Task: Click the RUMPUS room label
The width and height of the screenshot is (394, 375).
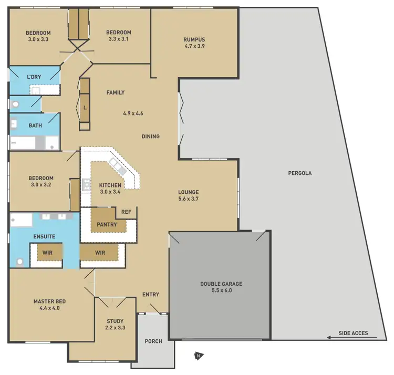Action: (x=194, y=39)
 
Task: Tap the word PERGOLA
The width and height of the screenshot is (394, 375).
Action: (x=300, y=173)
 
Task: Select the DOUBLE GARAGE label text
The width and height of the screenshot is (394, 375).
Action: (x=221, y=284)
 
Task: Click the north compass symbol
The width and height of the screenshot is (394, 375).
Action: (x=198, y=357)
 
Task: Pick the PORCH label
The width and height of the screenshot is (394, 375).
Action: (x=153, y=341)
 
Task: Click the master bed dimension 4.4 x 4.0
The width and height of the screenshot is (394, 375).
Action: (x=49, y=308)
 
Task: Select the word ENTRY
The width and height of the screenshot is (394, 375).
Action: (x=151, y=295)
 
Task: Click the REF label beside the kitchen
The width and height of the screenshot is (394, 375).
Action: (x=126, y=212)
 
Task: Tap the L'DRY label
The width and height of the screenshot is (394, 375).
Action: (x=34, y=77)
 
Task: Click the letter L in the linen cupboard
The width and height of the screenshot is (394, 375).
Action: (x=85, y=107)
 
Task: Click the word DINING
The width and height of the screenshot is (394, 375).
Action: (x=150, y=137)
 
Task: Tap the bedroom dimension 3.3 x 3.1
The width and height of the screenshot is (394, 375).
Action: (x=119, y=39)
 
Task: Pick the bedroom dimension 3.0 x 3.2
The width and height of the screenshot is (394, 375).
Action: (x=42, y=185)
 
